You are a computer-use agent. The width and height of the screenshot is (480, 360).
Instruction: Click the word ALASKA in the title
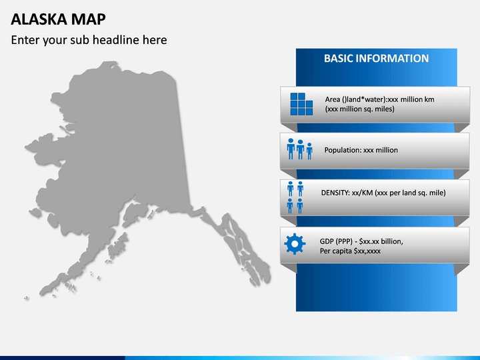point(39,19)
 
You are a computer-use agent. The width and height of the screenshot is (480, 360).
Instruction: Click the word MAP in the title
point(89,19)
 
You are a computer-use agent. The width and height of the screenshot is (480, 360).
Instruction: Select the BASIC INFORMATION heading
point(376,59)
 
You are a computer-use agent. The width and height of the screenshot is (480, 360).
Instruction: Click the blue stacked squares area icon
point(301,104)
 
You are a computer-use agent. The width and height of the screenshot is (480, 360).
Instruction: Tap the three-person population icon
point(300,149)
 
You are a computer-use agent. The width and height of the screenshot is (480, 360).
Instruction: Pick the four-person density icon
point(295,197)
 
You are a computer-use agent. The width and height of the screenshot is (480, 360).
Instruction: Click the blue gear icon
point(295,244)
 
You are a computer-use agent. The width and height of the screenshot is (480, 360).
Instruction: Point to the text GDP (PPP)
point(335,241)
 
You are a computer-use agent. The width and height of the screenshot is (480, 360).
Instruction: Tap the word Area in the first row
point(333,99)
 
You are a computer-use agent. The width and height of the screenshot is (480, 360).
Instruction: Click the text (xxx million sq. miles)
point(360,109)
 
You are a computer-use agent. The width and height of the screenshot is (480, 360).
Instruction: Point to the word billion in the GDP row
point(392,241)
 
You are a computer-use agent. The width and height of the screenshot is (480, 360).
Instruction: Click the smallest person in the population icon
point(309,151)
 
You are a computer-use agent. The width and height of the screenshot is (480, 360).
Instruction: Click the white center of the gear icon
point(295,244)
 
